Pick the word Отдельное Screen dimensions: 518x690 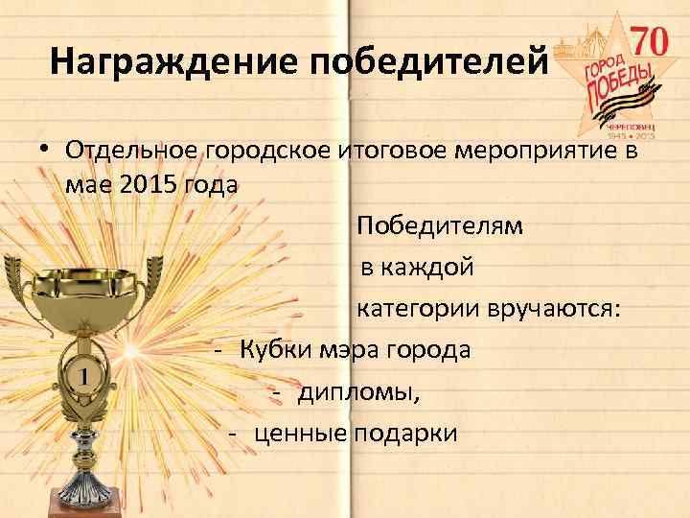(x=129, y=151)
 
